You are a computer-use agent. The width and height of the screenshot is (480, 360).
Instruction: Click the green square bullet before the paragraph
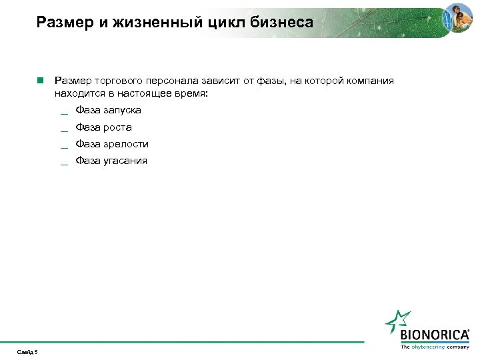[40, 81]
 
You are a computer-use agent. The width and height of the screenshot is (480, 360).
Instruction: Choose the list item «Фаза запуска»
[108, 110]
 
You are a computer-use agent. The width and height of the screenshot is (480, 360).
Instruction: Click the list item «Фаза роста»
[103, 127]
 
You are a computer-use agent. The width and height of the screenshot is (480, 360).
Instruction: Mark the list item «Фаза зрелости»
[112, 143]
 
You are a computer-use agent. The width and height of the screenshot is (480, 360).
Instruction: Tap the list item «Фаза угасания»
[111, 160]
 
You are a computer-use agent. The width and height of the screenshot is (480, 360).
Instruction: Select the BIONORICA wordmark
[435, 335]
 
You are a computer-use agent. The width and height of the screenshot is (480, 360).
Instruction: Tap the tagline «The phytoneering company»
[435, 347]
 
